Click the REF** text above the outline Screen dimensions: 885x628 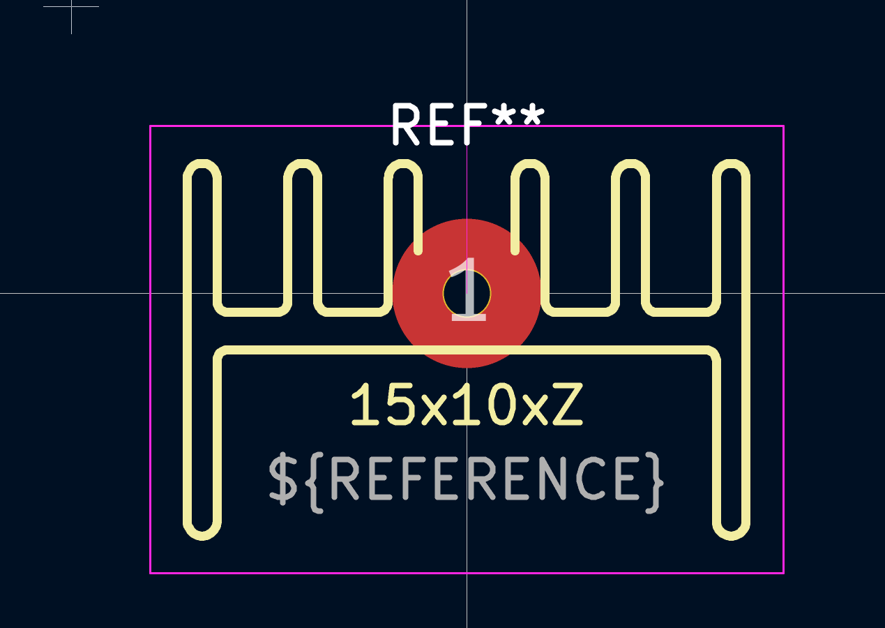pos(469,124)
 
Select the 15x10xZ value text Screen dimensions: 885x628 pos(467,404)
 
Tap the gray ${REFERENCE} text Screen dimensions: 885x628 pos(466,483)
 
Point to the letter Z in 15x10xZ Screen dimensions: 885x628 pos(568,404)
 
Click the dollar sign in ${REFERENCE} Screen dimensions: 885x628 pos(283,479)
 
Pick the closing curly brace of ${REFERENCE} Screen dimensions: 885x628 pos(655,483)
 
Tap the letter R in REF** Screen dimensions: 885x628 pos(406,124)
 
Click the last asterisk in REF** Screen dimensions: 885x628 pos(531,114)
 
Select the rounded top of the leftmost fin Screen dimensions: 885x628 pos(202,163)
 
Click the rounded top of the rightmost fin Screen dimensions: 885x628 pos(732,163)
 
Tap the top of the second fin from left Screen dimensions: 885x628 pos(303,163)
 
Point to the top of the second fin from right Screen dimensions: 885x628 pos(630,163)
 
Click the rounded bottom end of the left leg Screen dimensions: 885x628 pos(202,536)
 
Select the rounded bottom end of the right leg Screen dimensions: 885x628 pos(732,536)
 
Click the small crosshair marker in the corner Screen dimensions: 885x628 pos(72,7)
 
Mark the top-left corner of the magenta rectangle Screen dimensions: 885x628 pos(151,126)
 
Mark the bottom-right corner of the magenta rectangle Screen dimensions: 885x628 pos(784,573)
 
